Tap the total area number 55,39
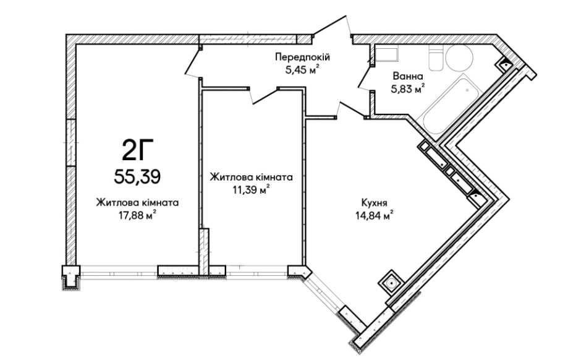[x=138, y=178]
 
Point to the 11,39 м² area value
[x=251, y=190]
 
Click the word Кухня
[x=375, y=202]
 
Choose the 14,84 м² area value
[x=375, y=216]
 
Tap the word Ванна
[x=407, y=77]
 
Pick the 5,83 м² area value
[x=407, y=89]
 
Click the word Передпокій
[x=302, y=57]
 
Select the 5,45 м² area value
[x=302, y=70]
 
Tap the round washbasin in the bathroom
[x=459, y=58]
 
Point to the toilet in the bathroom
[x=436, y=58]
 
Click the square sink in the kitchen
[x=391, y=281]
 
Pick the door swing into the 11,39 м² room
[x=264, y=95]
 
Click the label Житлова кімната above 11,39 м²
[x=252, y=178]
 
